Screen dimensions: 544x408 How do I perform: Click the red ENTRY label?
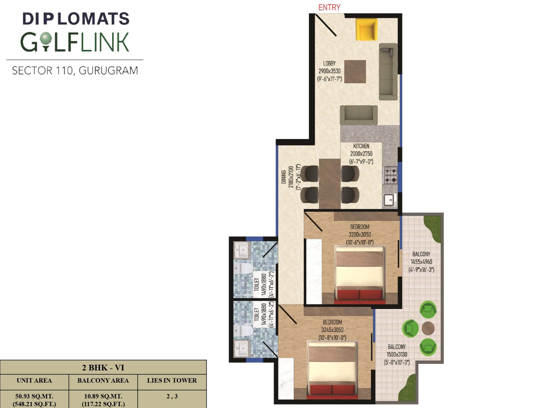click(x=329, y=8)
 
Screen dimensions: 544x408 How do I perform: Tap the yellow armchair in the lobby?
click(x=366, y=29)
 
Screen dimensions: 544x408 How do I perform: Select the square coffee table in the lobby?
click(x=355, y=72)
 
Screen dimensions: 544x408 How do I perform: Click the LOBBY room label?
click(x=329, y=63)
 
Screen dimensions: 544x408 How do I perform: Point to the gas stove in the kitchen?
click(x=390, y=175)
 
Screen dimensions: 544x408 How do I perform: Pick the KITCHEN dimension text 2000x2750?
click(x=361, y=154)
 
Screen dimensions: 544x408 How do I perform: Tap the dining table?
click(x=330, y=184)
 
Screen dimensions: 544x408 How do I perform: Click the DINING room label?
click(x=284, y=177)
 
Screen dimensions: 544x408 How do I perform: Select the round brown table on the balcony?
click(x=428, y=328)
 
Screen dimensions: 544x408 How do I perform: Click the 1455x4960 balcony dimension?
click(x=421, y=262)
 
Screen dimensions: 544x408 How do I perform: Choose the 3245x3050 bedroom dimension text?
click(x=332, y=330)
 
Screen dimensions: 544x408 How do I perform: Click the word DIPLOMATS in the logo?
click(x=76, y=19)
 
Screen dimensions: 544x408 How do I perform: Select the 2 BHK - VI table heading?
click(x=103, y=368)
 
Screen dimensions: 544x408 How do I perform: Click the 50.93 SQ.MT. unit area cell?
click(x=34, y=396)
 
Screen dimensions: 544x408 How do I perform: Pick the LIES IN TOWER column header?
click(x=172, y=380)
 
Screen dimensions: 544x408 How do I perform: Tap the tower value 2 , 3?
click(x=172, y=396)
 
